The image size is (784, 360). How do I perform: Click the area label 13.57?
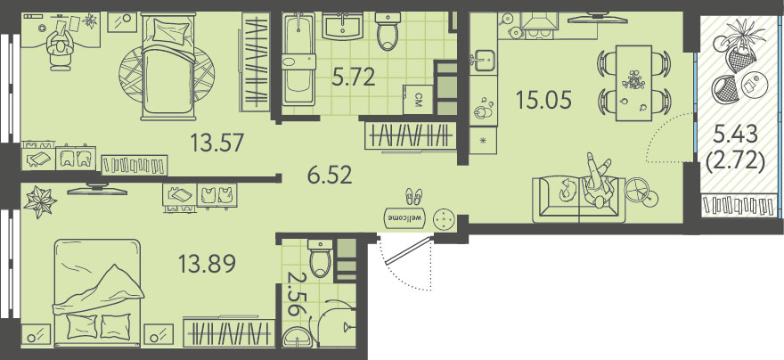tap(217, 143)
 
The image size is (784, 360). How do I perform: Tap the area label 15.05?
tap(543, 101)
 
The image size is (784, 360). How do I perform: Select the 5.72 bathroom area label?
tap(354, 78)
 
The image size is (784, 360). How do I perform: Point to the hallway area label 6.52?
tap(330, 176)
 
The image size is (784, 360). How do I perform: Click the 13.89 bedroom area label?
tap(207, 264)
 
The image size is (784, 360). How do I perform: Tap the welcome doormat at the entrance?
tap(404, 217)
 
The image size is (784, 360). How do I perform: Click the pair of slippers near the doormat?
tap(413, 196)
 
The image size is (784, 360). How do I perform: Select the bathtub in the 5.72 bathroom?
tap(298, 60)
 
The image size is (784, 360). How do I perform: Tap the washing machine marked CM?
tap(417, 100)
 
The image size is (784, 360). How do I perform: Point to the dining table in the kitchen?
tap(634, 83)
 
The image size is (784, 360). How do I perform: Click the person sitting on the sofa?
tap(598, 182)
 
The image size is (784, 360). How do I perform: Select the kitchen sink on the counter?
tap(484, 61)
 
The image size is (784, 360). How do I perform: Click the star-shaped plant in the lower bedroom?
tap(40, 202)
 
